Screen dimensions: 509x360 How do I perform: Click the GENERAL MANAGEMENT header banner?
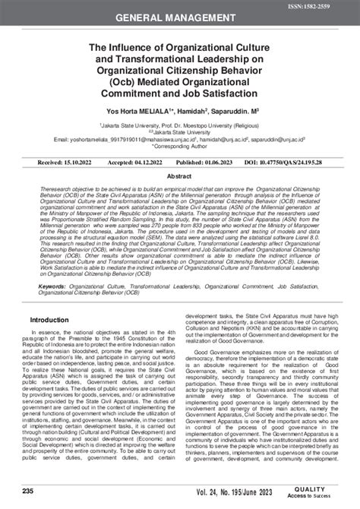coord(180,17)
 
